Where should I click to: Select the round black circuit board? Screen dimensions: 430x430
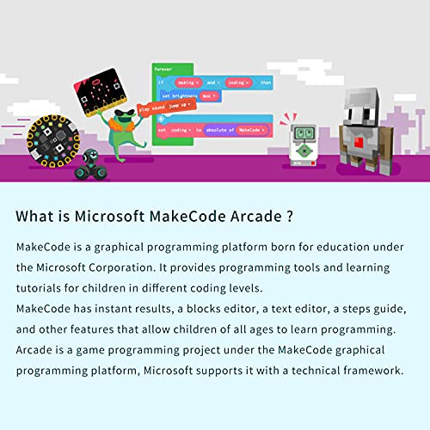[x=49, y=138]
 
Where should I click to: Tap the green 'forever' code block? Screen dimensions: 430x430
[x=163, y=68]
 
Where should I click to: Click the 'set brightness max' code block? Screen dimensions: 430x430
[x=187, y=96]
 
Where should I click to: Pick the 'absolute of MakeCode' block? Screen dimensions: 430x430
[x=237, y=130]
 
